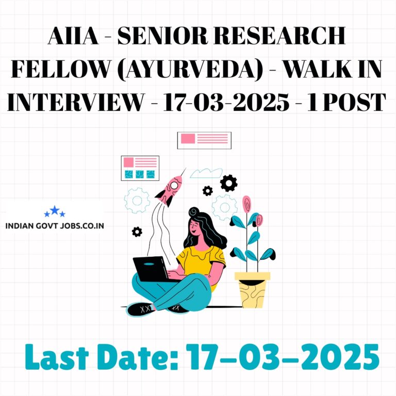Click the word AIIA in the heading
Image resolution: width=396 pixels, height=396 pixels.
point(73,36)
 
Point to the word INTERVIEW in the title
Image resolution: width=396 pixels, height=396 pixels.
point(75,102)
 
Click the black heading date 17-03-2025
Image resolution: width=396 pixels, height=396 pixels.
point(226,102)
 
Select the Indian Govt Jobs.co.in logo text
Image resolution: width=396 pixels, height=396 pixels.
point(55,225)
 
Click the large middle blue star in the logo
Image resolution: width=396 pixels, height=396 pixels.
point(55,210)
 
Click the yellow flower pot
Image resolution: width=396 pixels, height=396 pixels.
point(252,289)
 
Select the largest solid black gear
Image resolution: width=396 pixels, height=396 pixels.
point(228,183)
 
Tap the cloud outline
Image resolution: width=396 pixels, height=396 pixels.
point(206,173)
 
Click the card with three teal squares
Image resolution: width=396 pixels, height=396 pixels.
point(140,168)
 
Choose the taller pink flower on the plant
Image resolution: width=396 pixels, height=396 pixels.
point(247,204)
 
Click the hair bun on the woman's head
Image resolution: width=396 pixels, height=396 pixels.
point(194,211)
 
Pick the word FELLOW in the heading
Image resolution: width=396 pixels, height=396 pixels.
point(61,69)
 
